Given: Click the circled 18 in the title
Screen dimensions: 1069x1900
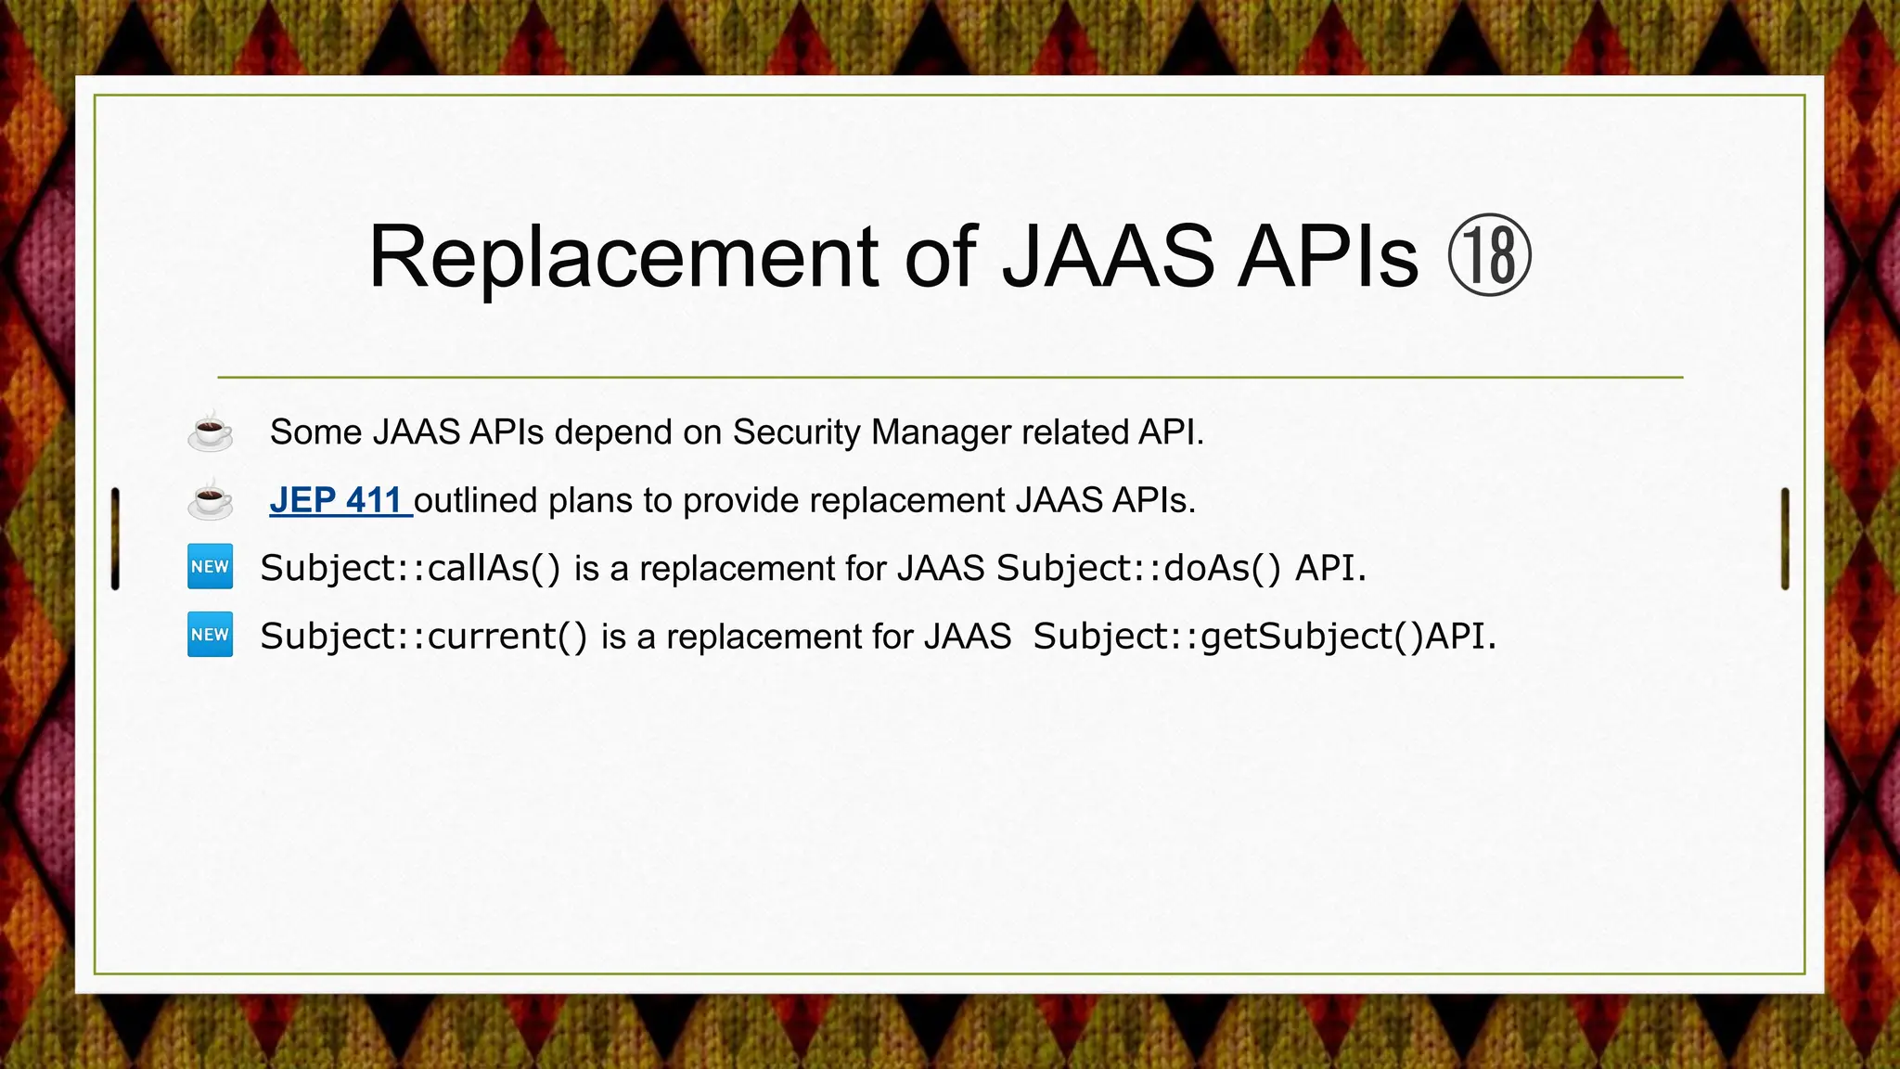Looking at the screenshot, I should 1489,256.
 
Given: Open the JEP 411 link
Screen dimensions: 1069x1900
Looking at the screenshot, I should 336,500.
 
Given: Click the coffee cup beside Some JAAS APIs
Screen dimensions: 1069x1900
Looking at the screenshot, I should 211,431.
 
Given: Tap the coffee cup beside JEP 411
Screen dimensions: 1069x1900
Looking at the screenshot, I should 211,500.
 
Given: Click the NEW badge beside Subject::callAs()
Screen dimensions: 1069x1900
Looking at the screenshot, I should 211,567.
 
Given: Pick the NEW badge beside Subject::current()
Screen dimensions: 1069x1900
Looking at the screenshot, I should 211,635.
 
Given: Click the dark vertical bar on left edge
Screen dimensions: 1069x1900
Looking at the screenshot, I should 115,538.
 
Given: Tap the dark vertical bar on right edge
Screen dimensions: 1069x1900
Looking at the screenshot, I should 1785,538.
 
